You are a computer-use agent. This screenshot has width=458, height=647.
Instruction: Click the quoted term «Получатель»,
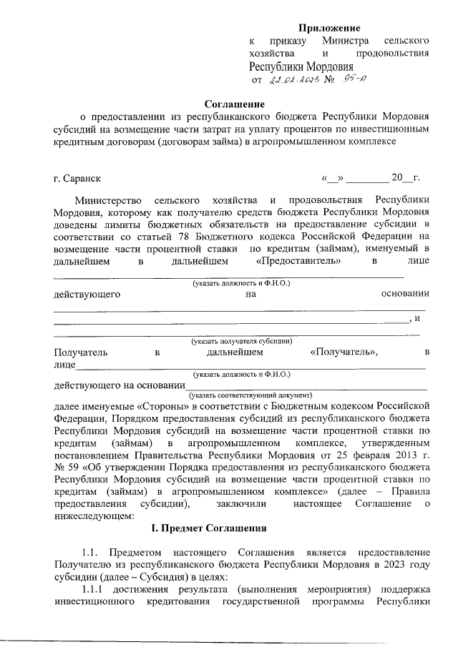[x=345, y=352]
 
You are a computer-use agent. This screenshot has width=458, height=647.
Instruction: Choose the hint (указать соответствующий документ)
[x=250, y=394]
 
